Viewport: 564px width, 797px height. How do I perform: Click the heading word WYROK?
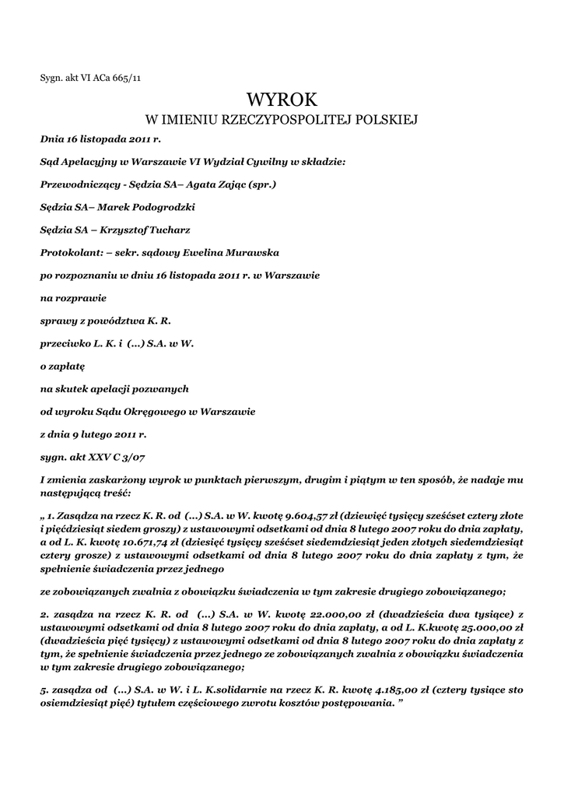282,100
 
